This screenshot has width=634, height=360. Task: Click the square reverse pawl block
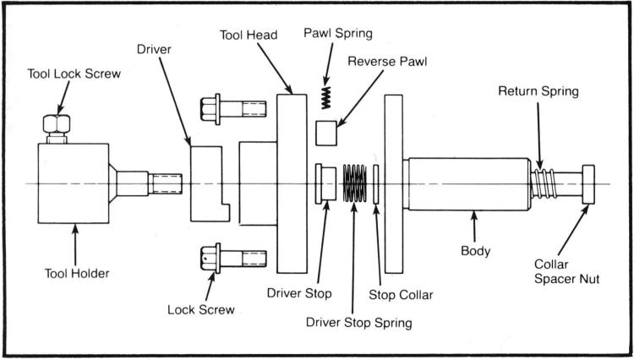[326, 134]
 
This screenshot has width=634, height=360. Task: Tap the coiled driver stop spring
[356, 183]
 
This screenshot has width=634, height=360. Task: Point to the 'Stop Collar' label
[402, 296]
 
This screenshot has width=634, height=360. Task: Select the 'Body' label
[475, 251]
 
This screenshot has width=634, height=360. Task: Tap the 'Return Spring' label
[538, 90]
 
